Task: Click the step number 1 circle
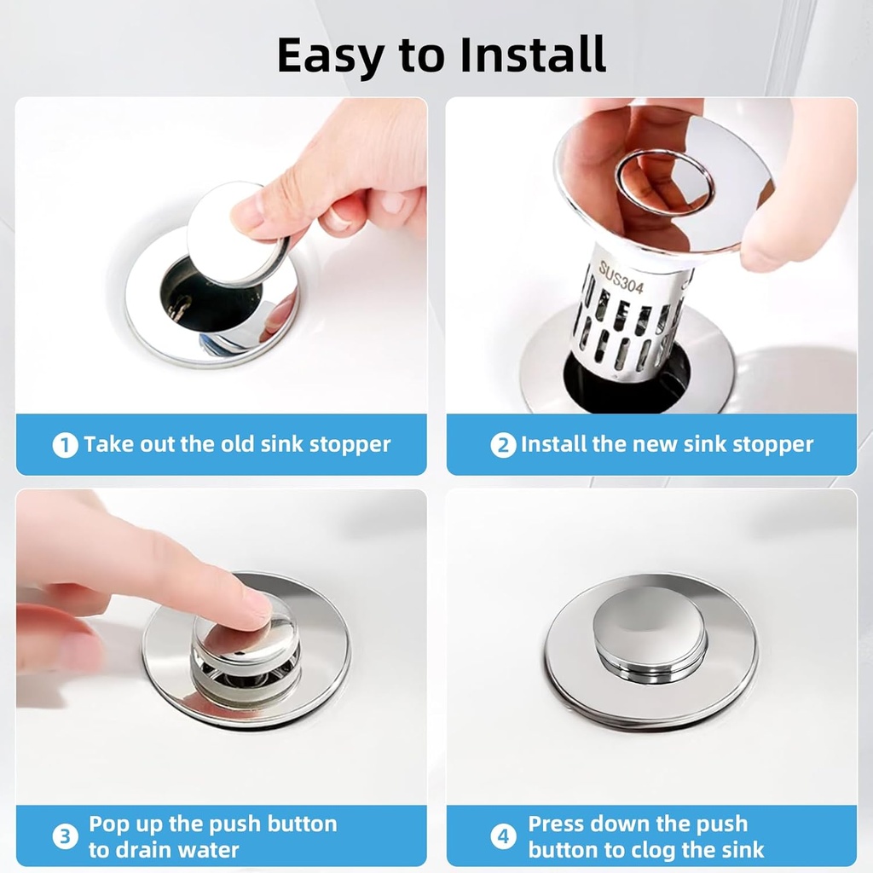point(65,445)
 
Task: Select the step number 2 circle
point(503,445)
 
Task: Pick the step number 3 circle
point(65,836)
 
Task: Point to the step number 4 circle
point(503,836)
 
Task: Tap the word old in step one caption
point(239,444)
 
